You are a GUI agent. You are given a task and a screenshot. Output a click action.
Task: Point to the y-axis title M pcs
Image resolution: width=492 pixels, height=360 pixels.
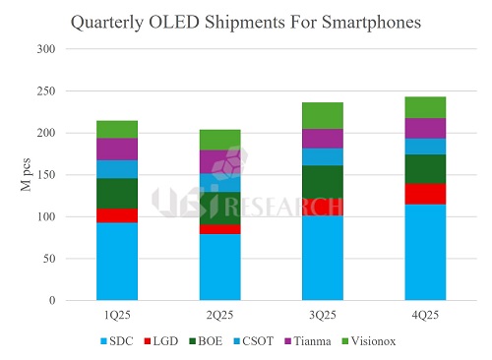(x=28, y=173)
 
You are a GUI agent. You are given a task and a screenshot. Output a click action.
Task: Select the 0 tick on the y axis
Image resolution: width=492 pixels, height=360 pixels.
(x=53, y=301)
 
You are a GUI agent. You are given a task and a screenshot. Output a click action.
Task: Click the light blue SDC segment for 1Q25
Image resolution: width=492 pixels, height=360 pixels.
(x=116, y=262)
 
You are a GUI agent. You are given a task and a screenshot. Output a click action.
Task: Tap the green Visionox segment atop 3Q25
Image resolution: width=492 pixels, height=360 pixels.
(x=322, y=116)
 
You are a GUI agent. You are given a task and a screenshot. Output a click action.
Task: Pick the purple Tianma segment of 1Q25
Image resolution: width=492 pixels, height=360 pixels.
(x=116, y=149)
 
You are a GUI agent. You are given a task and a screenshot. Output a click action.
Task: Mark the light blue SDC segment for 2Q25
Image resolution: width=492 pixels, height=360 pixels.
(x=219, y=268)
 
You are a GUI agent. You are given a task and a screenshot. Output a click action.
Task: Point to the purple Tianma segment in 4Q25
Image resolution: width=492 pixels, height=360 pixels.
(x=425, y=128)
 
